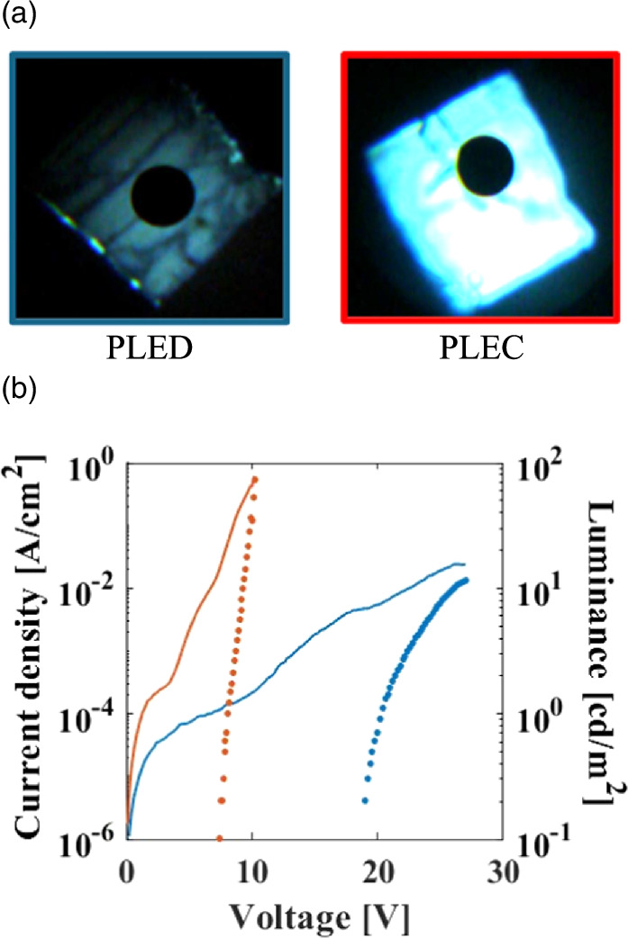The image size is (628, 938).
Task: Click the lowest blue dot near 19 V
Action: (365, 799)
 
